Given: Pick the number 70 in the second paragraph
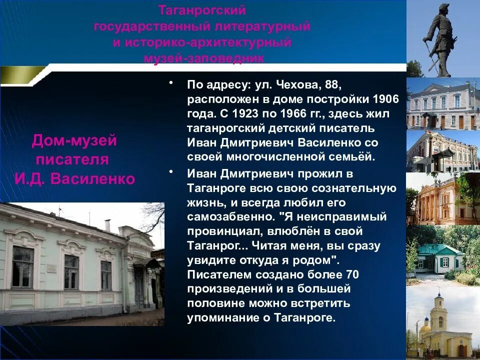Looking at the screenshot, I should pos(351,274).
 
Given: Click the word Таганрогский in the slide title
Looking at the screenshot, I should pos(202,10).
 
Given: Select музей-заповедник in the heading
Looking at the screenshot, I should pos(204,58).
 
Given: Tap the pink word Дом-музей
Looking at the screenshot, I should pos(74,141).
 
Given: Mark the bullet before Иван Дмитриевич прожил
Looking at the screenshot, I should pos(171,172).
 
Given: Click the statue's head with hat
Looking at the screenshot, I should pos(443,8).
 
